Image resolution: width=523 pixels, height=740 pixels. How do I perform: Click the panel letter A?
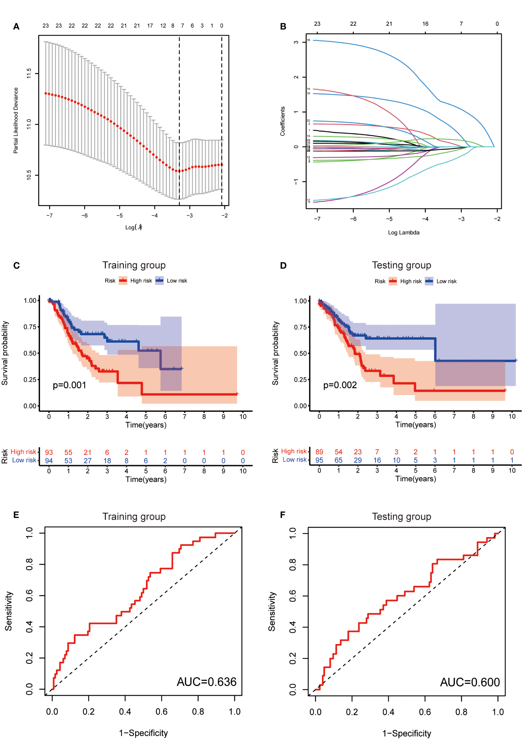16,26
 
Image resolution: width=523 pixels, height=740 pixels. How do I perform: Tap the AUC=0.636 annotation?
206,682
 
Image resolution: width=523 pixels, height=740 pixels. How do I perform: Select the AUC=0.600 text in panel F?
470,682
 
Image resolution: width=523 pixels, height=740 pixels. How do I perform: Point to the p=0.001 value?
69,385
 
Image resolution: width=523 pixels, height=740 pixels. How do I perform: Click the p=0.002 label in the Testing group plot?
340,385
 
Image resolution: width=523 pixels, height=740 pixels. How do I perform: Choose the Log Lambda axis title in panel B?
403,232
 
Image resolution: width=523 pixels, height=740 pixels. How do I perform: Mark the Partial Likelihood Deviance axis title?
16,120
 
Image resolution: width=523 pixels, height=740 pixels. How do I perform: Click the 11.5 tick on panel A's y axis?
29,74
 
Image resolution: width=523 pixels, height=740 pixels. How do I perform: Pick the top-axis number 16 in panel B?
425,24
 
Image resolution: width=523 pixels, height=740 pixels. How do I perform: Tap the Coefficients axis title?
283,121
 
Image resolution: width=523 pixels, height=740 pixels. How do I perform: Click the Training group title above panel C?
134,265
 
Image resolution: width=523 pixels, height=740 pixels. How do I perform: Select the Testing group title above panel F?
401,517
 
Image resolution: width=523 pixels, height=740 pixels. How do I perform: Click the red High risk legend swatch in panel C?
123,281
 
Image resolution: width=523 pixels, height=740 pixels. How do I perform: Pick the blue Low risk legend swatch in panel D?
429,281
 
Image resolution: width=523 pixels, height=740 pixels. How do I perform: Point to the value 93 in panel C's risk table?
49,453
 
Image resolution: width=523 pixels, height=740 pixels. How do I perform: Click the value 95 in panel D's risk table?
319,460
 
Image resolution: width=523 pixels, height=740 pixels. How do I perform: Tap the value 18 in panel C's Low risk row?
107,461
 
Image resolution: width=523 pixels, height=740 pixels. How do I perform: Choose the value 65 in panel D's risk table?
338,460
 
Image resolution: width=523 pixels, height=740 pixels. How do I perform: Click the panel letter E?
16,515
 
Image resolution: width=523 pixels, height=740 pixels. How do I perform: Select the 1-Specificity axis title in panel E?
143,733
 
